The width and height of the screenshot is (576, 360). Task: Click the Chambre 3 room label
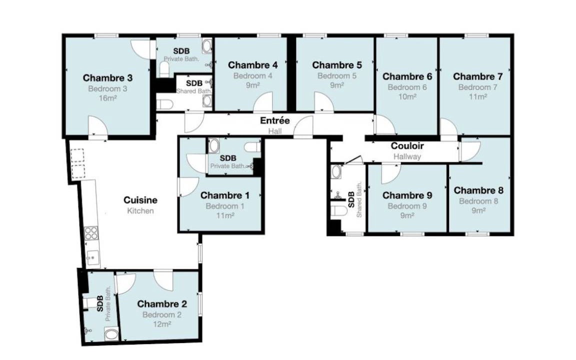107,78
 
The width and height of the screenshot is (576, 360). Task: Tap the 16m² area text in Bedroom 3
107,98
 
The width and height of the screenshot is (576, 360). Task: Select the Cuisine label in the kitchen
140,200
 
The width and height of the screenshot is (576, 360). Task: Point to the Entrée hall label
275,120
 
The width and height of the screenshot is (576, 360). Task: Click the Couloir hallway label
407,146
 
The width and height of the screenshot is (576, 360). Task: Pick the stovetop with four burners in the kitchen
91,233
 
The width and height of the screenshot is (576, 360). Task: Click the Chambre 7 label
477,76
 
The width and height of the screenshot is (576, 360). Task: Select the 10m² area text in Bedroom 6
407,96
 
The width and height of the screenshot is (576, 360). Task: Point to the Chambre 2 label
162,304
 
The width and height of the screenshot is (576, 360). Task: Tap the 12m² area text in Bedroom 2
162,324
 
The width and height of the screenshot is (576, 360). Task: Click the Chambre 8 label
478,190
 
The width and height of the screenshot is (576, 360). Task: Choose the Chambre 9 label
407,195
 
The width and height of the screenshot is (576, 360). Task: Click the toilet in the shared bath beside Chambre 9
338,211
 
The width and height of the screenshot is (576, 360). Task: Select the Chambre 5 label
337,65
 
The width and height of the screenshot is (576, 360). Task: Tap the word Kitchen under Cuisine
140,211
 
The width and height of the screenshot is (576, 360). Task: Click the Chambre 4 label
252,65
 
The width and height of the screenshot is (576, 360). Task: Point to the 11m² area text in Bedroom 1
225,215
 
